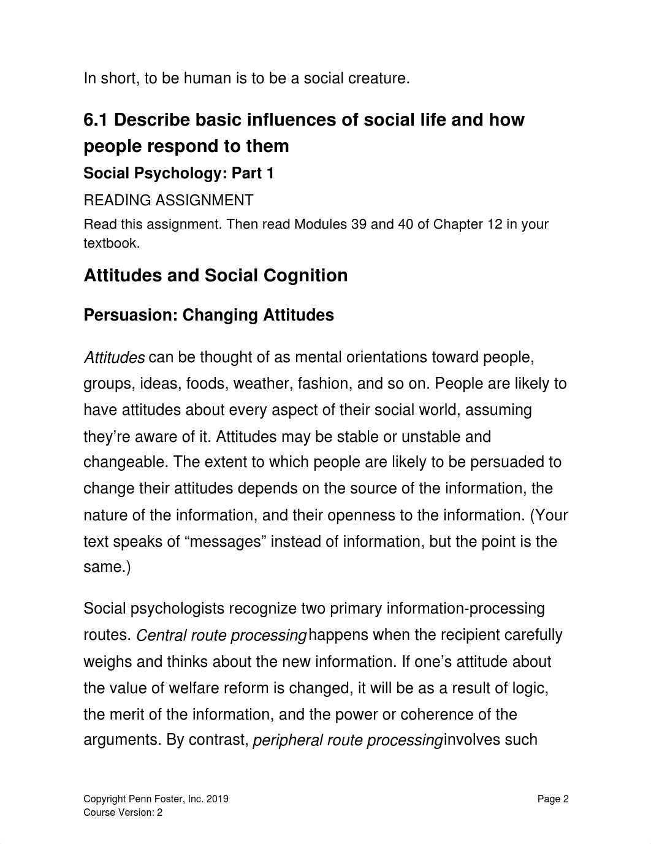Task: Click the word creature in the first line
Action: (379, 78)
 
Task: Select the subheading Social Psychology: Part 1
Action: (178, 173)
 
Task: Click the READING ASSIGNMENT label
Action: (168, 200)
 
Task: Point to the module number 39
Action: (359, 224)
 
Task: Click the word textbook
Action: (111, 243)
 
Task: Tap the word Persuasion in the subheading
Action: (130, 316)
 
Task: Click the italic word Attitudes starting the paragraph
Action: (114, 357)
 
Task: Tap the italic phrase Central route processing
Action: (221, 636)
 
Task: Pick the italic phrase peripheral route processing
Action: (347, 740)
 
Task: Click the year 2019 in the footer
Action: (217, 799)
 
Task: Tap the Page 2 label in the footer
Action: (553, 799)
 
